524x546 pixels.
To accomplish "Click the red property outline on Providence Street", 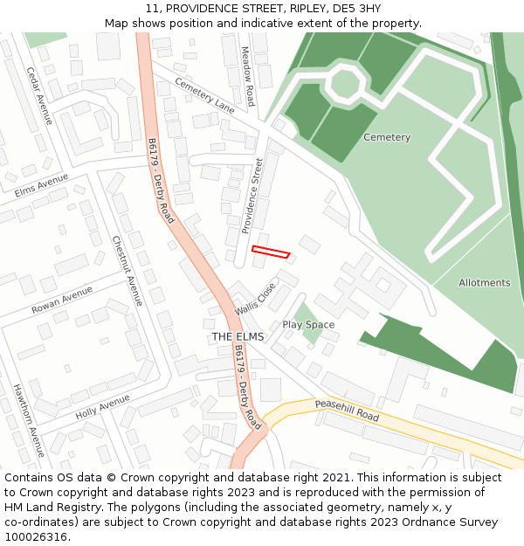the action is point(270,252).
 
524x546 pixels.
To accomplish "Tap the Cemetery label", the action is point(386,137).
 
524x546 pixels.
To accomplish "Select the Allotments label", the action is point(484,283).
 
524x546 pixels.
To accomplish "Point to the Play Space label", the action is point(308,325).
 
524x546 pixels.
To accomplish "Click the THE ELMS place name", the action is point(238,336).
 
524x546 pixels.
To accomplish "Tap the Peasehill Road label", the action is point(348,411).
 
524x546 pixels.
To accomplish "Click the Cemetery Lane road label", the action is point(205,95).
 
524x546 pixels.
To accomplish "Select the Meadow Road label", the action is point(249,76).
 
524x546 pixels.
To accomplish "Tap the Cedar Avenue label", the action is point(39,95).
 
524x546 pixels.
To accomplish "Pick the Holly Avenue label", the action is point(102,405).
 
